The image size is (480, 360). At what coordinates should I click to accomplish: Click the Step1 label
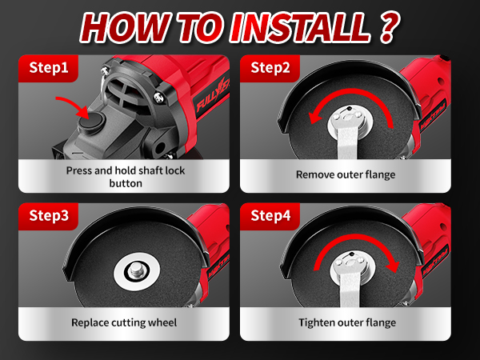point(49,67)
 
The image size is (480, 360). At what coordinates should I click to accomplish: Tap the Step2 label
point(270,67)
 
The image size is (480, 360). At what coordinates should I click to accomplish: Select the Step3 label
point(49,215)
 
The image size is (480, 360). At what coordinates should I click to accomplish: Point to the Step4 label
point(270,215)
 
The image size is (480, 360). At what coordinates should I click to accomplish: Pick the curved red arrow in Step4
point(356,241)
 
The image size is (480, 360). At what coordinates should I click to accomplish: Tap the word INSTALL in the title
point(299,27)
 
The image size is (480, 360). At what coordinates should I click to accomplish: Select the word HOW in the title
point(125,27)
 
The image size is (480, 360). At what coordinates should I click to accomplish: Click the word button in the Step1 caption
point(126,183)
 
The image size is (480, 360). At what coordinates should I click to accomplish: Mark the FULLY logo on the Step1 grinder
point(211,98)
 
